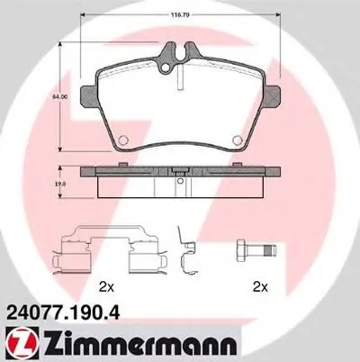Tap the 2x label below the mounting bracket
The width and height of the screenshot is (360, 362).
tap(108, 287)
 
